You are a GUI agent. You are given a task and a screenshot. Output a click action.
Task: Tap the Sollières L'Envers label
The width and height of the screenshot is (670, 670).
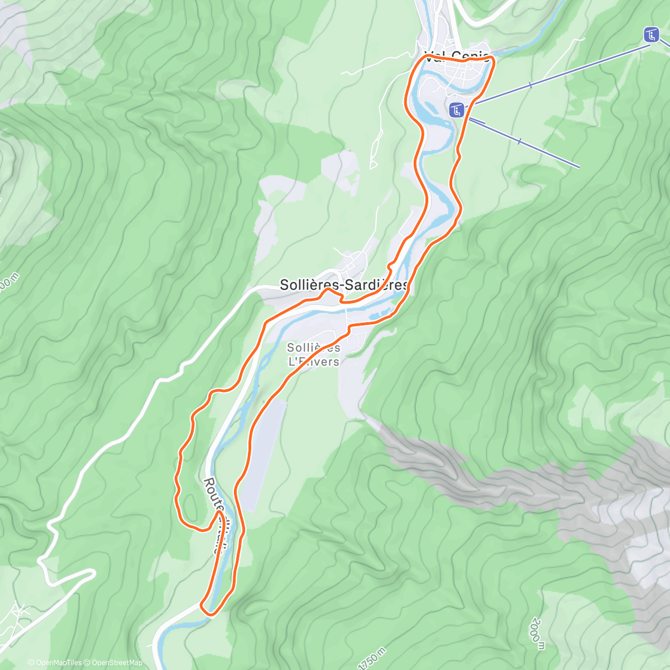313,355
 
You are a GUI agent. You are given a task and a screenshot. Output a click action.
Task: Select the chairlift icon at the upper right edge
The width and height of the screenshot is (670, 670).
650,35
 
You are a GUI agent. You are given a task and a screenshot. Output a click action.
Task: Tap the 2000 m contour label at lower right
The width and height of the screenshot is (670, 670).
538,634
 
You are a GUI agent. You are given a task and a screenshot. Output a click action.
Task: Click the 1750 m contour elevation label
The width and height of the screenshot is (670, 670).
372,659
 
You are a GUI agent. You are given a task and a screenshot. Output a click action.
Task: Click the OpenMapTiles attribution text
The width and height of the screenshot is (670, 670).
59,663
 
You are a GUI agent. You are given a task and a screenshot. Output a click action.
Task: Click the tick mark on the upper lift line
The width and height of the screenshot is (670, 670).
530,85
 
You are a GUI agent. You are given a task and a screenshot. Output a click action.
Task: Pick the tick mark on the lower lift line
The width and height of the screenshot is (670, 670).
520,142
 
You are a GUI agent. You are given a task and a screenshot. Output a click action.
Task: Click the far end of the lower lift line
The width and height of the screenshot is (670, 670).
579,166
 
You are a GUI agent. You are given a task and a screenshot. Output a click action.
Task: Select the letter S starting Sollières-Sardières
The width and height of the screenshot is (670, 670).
284,285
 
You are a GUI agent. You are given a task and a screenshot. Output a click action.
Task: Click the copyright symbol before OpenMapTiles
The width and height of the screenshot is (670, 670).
31,663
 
